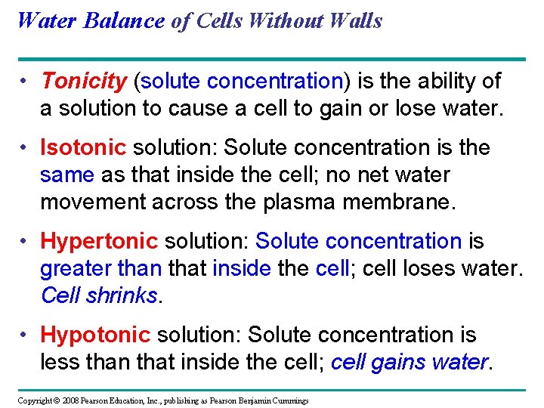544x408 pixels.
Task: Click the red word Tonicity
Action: pyautogui.click(x=84, y=81)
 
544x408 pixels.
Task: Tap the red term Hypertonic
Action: pyautogui.click(x=99, y=242)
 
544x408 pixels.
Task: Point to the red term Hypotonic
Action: pyautogui.click(x=96, y=335)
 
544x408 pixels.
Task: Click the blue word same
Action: pyautogui.click(x=66, y=175)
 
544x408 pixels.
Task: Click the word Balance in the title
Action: pyautogui.click(x=124, y=20)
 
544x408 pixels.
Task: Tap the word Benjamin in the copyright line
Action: pyautogui.click(x=254, y=400)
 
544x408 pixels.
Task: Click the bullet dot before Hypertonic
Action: pyautogui.click(x=25, y=242)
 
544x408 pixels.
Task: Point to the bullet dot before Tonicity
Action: pyautogui.click(x=25, y=81)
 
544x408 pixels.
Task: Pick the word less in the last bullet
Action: pyautogui.click(x=57, y=363)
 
